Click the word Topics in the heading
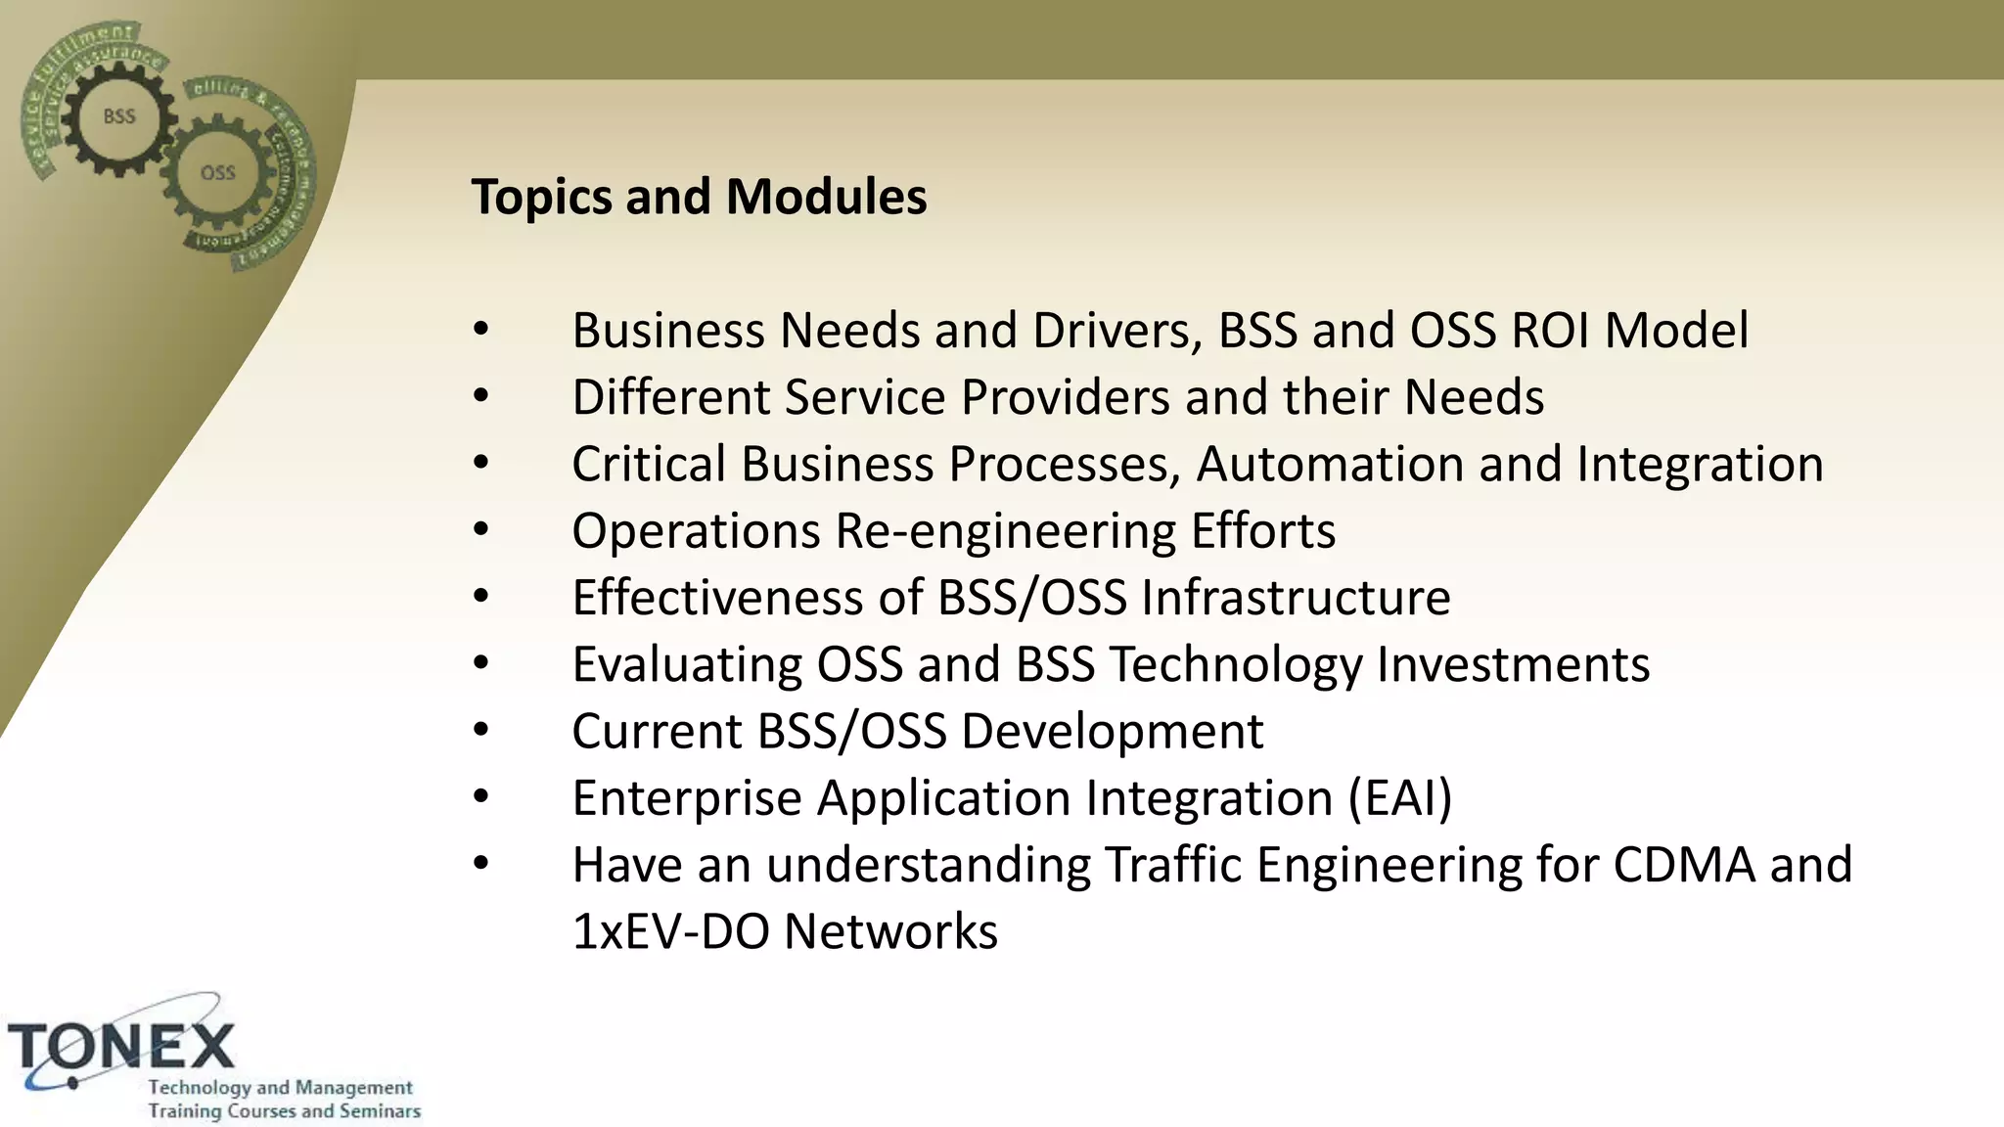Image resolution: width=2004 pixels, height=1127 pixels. pos(541,198)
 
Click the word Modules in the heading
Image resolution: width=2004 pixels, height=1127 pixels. pos(826,198)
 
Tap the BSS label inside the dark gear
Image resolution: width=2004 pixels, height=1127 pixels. pos(119,116)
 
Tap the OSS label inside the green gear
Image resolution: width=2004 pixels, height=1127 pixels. pos(217,173)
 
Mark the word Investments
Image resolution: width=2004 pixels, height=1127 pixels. pos(1513,665)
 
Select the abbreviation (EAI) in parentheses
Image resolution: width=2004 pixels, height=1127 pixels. pos(1400,798)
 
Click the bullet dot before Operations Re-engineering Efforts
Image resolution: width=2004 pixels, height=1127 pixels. pos(480,530)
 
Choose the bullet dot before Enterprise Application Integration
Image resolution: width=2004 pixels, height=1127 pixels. pos(480,797)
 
